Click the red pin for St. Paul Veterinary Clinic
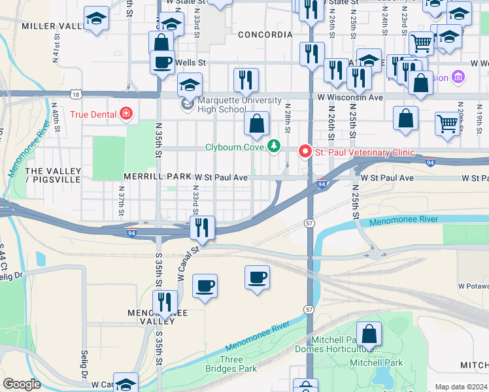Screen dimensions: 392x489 (x=305, y=152)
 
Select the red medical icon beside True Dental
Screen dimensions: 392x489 (x=126, y=114)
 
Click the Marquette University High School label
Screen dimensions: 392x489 (x=223, y=105)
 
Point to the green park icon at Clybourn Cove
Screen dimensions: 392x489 (x=275, y=146)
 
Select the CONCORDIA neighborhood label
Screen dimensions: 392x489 (x=265, y=34)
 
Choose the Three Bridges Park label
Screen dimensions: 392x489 (x=239, y=364)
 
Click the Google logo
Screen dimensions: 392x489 (x=22, y=384)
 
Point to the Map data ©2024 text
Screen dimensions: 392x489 (x=460, y=387)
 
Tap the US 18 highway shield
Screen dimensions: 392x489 (x=77, y=95)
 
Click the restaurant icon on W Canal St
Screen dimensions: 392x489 (x=202, y=227)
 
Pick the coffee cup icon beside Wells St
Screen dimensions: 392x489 (x=162, y=62)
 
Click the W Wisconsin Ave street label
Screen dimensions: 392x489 (x=350, y=97)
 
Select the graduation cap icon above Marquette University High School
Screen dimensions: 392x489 (x=190, y=85)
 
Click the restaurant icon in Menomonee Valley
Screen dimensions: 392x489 (x=165, y=302)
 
